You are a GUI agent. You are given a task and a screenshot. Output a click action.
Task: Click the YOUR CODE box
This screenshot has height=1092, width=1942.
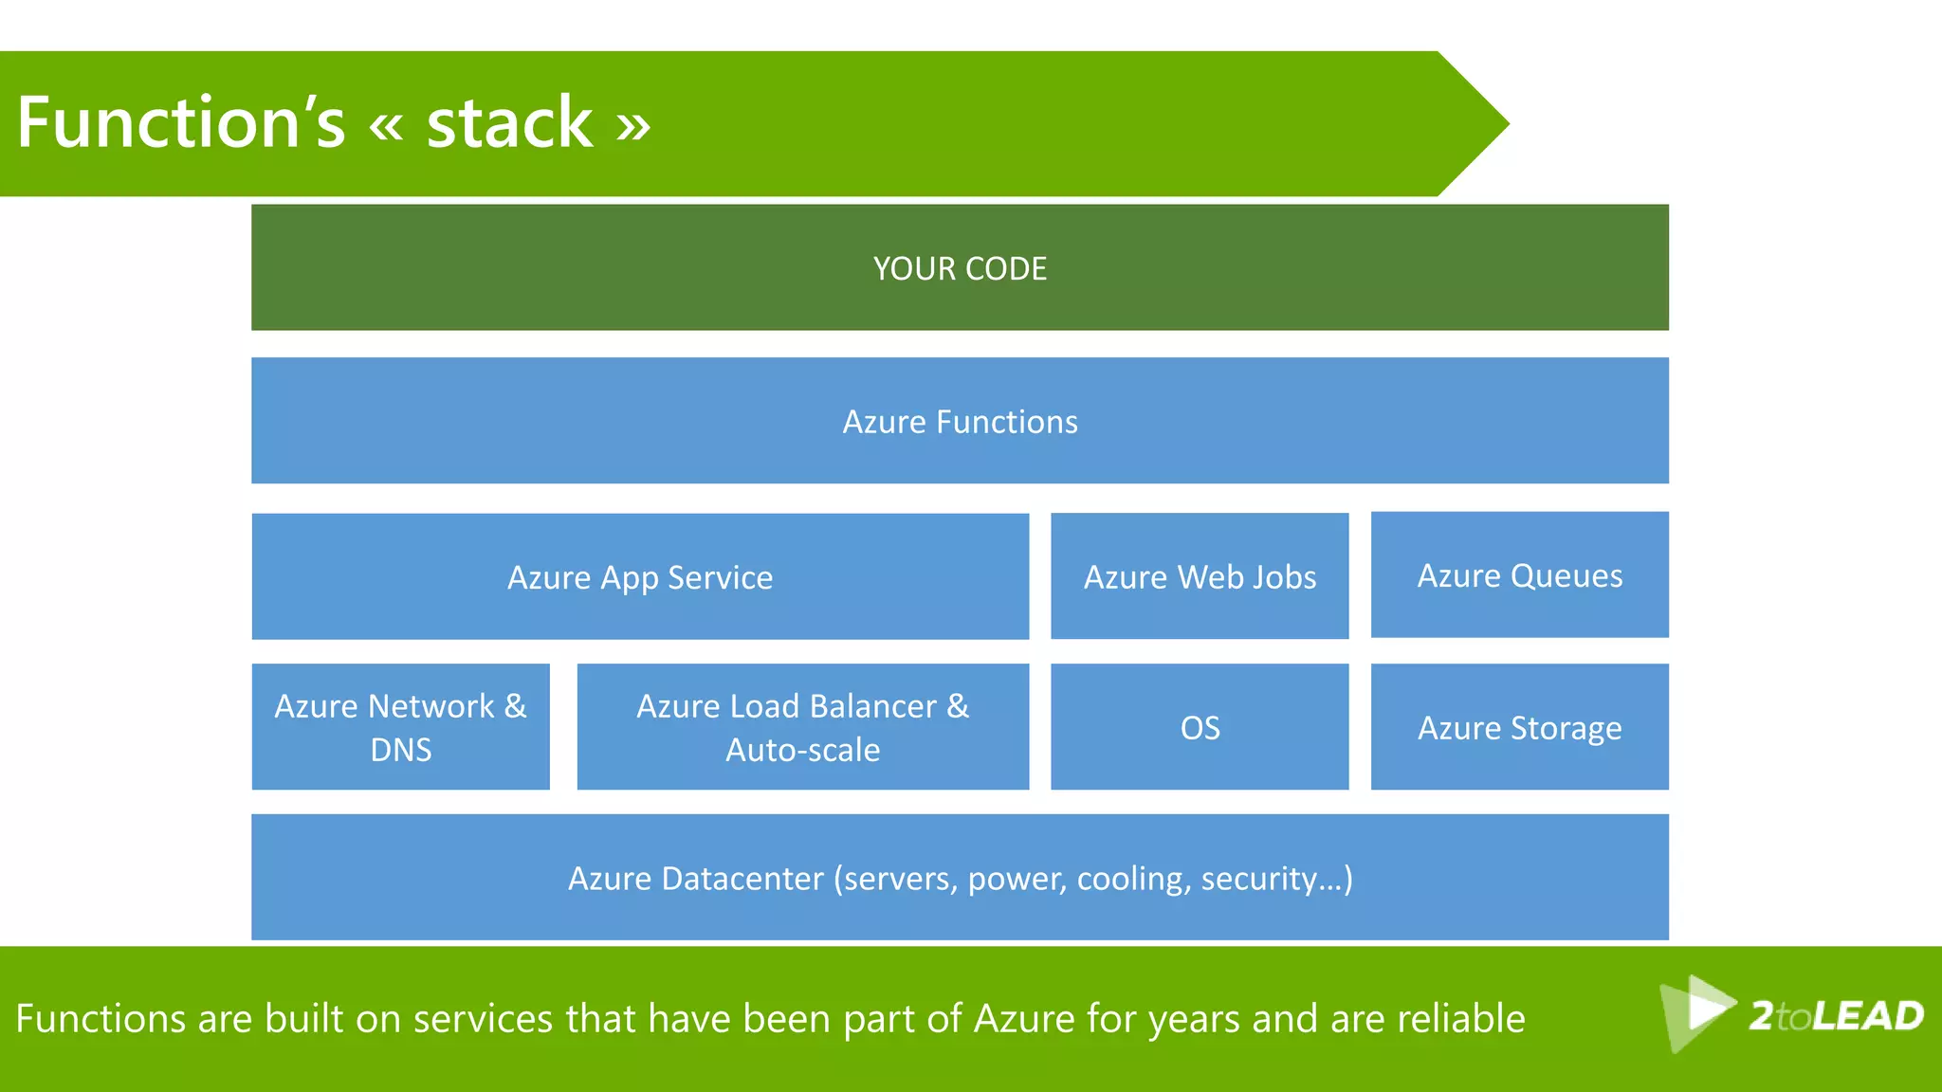tap(960, 268)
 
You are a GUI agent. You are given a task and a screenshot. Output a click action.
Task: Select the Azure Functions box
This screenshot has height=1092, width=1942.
tap(960, 421)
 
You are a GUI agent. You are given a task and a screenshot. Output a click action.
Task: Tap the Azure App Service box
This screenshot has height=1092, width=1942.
tap(640, 576)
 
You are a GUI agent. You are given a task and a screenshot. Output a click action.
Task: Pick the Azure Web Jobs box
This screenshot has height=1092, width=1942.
tap(1200, 576)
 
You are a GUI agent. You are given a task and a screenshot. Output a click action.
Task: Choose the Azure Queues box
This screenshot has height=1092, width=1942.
tap(1519, 575)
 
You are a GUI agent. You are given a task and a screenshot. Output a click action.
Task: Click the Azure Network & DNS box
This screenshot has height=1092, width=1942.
tap(400, 727)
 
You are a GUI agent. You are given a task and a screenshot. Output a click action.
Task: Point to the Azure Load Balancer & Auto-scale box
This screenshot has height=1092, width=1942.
tap(802, 727)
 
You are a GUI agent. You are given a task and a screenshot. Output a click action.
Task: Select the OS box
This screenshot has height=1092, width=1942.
tap(1200, 727)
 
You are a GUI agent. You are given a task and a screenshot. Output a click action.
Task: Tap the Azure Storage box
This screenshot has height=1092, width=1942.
tap(1519, 727)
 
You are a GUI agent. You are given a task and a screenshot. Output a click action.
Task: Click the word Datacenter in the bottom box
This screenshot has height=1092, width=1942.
tap(742, 879)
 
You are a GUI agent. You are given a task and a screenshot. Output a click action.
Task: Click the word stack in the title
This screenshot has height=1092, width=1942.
tap(509, 123)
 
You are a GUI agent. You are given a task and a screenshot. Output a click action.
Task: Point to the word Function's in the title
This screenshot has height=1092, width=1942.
tap(180, 123)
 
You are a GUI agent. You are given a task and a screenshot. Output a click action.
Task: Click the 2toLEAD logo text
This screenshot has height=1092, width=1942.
tap(1836, 1016)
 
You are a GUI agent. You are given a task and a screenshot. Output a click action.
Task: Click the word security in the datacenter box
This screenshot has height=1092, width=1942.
tap(1259, 879)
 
